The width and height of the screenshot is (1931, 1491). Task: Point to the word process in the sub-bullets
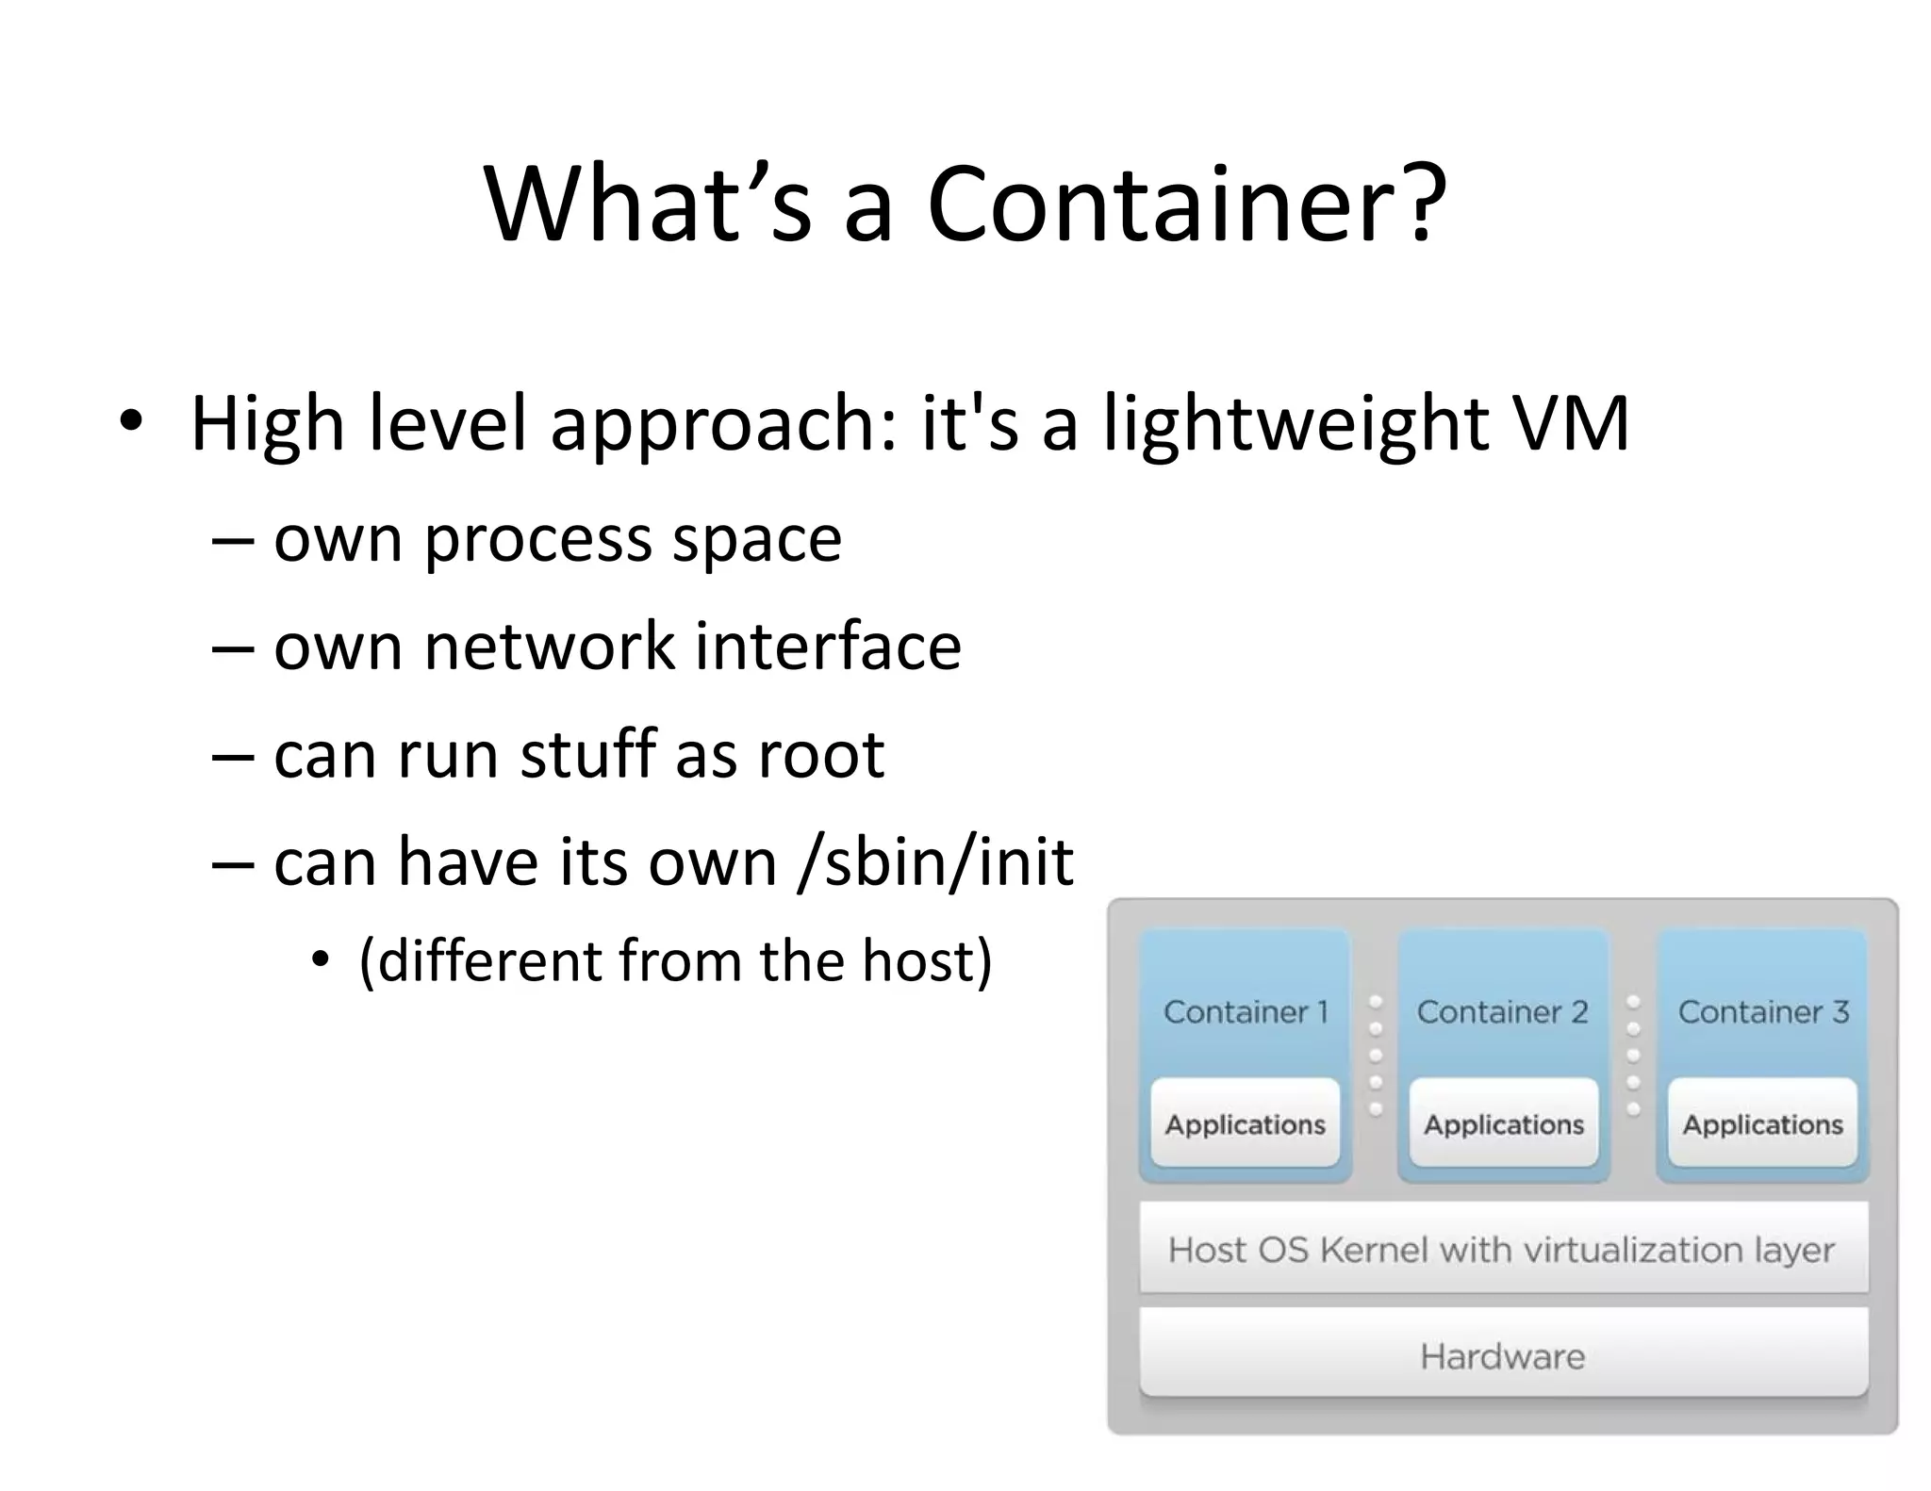click(x=538, y=542)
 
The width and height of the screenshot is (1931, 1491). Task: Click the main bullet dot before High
click(x=131, y=421)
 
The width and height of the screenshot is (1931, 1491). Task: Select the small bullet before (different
click(x=322, y=960)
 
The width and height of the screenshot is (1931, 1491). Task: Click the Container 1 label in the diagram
click(x=1246, y=1012)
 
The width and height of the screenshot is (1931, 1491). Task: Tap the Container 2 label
click(x=1503, y=1012)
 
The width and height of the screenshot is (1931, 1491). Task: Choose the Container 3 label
click(x=1763, y=1012)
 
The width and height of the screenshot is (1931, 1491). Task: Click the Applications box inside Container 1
click(x=1246, y=1123)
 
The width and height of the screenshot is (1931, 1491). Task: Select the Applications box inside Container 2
click(x=1504, y=1123)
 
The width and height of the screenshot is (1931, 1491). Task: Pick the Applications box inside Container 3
click(x=1762, y=1123)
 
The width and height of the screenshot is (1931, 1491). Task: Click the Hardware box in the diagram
click(x=1503, y=1355)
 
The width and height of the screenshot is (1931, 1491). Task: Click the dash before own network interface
click(x=233, y=648)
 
